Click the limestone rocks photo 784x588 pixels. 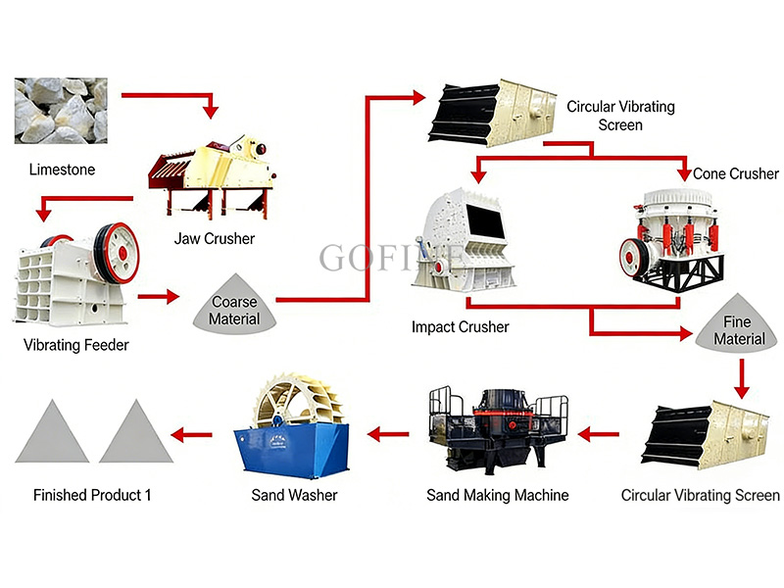tap(60, 110)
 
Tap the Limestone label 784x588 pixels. tap(62, 170)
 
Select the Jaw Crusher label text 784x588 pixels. tap(215, 238)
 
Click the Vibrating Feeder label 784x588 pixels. tap(76, 345)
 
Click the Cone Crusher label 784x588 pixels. tap(736, 173)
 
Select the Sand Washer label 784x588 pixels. tap(295, 495)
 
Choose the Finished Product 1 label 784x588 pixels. tap(92, 495)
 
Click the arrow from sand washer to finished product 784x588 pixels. tap(192, 432)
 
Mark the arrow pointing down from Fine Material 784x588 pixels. tap(741, 374)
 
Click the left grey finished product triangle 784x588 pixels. tap(52, 433)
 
